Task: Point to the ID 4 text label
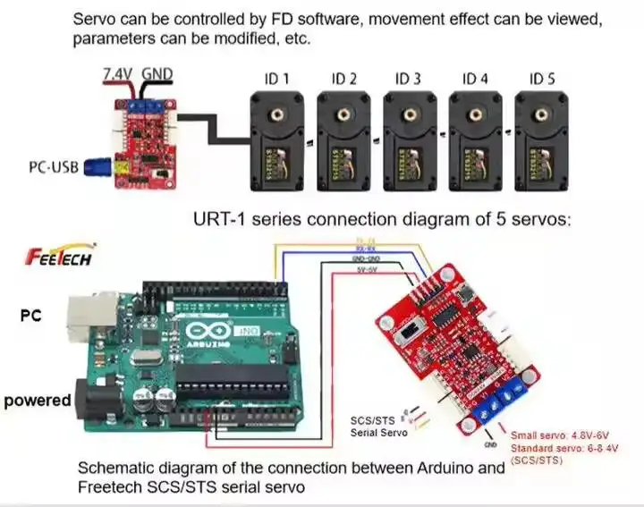(x=475, y=80)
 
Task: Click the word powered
(x=37, y=401)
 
